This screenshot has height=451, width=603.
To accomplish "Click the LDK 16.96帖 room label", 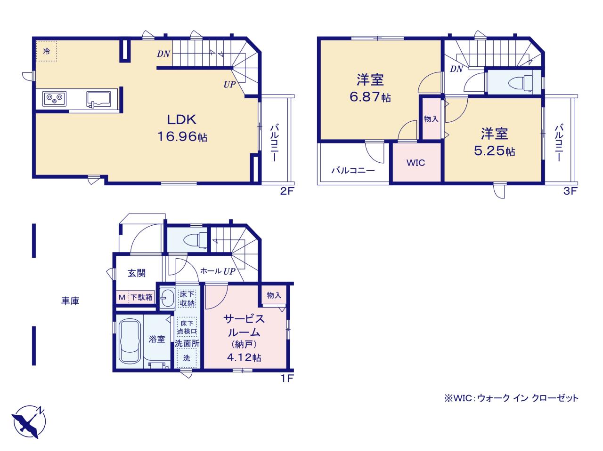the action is point(182,128).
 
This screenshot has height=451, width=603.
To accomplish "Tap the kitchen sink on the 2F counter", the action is point(98,99).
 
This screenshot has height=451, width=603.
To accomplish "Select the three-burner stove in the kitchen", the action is point(54,99).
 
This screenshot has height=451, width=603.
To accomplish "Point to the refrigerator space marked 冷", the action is point(47,51).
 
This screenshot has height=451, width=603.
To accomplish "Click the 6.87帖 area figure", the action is point(370,97).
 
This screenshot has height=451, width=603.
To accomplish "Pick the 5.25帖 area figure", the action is point(494,151).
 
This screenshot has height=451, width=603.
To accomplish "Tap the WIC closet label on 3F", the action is point(416,163).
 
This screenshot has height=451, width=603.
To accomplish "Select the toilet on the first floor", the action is point(196,240).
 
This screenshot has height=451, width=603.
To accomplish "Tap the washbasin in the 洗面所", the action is point(167,298).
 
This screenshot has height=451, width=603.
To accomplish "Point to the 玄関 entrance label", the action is point(137,273).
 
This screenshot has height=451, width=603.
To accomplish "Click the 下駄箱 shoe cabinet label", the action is point(141,297).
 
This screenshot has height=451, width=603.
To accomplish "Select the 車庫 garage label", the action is point(70,301).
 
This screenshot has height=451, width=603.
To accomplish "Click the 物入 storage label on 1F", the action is point(274,295).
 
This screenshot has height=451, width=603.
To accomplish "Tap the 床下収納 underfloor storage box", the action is point(187,299).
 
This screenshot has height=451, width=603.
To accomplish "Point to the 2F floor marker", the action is point(287,191).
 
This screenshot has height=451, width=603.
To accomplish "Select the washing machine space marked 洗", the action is point(187,358).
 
